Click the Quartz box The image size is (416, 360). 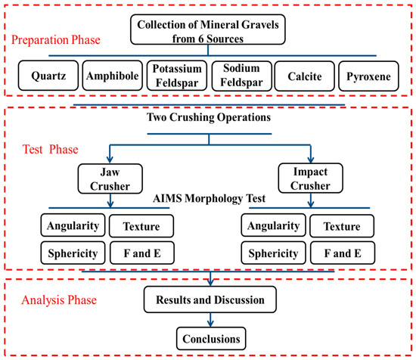coord(48,76)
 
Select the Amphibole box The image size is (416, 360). coord(113,76)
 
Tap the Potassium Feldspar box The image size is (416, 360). coord(177,76)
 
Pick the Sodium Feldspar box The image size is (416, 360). coord(242,76)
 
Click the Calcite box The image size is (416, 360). coord(305,76)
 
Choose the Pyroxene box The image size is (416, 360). coord(368,76)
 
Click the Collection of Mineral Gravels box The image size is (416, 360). coord(208,29)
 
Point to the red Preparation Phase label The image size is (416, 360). coord(56,40)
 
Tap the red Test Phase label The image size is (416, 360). coord(51,149)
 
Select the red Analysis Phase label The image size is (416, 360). coord(59,300)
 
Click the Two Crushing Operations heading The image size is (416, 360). coord(209,117)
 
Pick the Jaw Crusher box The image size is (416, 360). coord(110,178)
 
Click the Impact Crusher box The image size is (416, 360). coord(310,178)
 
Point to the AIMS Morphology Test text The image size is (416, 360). coord(209,198)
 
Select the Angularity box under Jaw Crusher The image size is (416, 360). coord(73,225)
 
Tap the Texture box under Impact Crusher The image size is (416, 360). coord(342,226)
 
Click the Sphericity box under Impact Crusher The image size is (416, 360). coord(274,253)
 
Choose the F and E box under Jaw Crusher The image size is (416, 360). coord(142,253)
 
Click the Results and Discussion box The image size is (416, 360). coord(210,299)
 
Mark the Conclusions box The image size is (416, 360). coord(211,339)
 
